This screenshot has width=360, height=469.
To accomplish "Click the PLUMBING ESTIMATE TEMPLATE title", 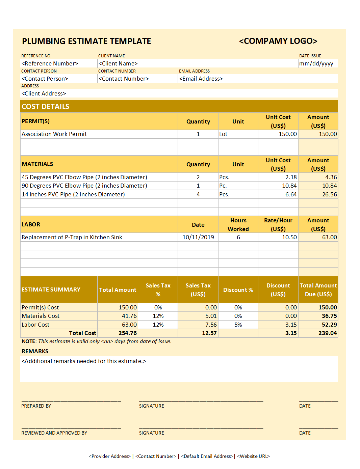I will (86, 41).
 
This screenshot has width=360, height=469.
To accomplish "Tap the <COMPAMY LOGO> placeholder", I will (278, 41).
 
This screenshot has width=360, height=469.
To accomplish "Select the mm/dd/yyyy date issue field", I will (316, 63).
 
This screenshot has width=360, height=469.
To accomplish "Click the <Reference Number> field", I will (50, 63).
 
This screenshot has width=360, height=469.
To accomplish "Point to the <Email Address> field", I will (201, 79).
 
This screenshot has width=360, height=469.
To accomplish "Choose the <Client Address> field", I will (44, 93).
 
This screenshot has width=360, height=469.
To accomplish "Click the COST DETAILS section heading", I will (45, 107).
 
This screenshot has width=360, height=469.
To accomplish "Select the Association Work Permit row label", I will (54, 134).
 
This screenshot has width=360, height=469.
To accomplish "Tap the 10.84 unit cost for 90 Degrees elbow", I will (289, 186).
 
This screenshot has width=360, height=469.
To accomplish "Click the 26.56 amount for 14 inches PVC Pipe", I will (329, 194).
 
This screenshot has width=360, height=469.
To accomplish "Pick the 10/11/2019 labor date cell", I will (198, 237).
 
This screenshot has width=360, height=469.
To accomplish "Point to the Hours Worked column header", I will (238, 225).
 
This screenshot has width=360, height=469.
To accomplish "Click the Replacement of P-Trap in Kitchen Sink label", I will (72, 237).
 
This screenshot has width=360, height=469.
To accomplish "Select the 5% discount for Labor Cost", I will (238, 325).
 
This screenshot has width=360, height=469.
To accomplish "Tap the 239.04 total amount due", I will (327, 333).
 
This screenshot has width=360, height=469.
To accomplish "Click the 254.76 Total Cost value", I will (127, 333).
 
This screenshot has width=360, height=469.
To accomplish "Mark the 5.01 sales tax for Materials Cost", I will (211, 316).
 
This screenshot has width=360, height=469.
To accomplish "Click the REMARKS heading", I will (35, 351).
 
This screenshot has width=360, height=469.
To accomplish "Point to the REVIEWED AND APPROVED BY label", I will (54, 433).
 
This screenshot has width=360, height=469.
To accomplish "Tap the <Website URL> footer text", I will (253, 456).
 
